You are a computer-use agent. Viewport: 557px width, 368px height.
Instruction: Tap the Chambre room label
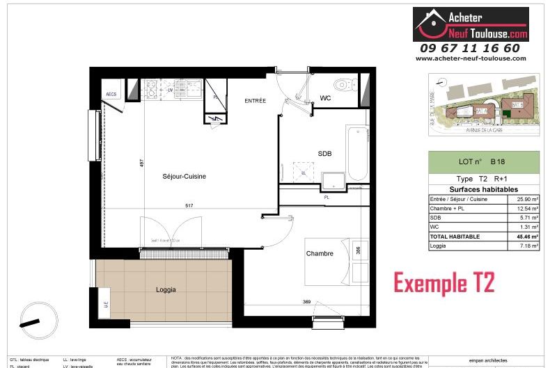coord(320,254)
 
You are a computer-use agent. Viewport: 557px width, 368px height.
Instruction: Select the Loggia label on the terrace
coord(166,289)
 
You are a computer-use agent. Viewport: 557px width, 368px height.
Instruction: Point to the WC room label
coord(325,98)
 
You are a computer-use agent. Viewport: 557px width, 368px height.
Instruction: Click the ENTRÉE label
coord(255,101)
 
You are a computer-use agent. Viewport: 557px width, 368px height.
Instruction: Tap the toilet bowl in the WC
coord(342,86)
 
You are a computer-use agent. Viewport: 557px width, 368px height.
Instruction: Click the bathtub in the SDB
coord(357,153)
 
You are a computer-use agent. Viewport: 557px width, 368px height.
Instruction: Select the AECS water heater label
coord(111,93)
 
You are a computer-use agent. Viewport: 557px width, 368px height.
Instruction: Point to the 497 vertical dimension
coord(141,164)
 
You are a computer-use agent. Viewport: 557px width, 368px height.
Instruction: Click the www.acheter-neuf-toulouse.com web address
coord(471,58)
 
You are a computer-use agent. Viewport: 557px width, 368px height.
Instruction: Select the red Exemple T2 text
coord(444,283)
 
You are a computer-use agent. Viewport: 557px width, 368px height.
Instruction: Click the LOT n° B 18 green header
coord(483,161)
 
